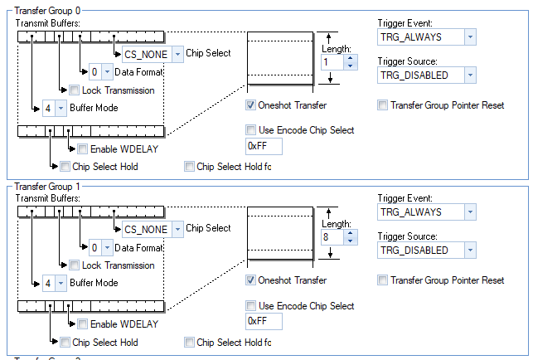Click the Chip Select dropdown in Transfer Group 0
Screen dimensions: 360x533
point(153,54)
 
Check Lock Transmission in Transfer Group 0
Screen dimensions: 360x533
point(75,90)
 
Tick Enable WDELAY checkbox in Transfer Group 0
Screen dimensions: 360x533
point(83,149)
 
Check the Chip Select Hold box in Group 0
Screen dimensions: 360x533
point(65,167)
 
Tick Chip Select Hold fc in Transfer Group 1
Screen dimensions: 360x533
point(190,342)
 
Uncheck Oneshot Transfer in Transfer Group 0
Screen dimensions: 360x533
point(251,106)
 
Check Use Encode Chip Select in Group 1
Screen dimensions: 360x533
point(251,306)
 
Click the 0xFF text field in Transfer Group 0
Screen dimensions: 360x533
point(264,147)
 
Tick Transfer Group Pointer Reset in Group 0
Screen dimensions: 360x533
point(383,106)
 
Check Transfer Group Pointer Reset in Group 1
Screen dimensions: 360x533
point(383,281)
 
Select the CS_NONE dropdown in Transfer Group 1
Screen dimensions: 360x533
point(153,229)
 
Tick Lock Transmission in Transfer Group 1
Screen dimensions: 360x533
point(75,265)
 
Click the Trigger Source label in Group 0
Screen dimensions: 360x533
point(407,61)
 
